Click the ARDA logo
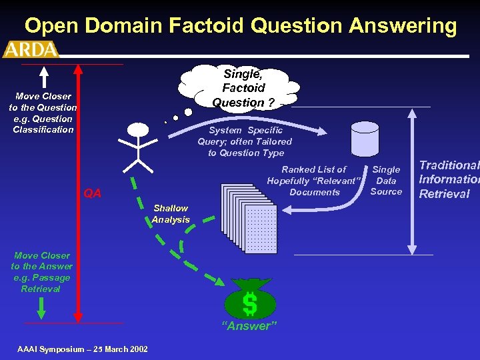click(x=31, y=49)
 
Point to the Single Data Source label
click(x=386, y=180)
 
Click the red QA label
click(x=92, y=193)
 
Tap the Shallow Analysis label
click(x=170, y=213)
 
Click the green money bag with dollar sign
click(x=249, y=301)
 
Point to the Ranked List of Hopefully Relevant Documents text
click(x=314, y=181)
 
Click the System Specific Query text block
click(x=245, y=141)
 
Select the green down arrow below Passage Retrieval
click(x=41, y=307)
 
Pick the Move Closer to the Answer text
click(x=41, y=272)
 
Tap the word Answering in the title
click(x=406, y=26)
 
